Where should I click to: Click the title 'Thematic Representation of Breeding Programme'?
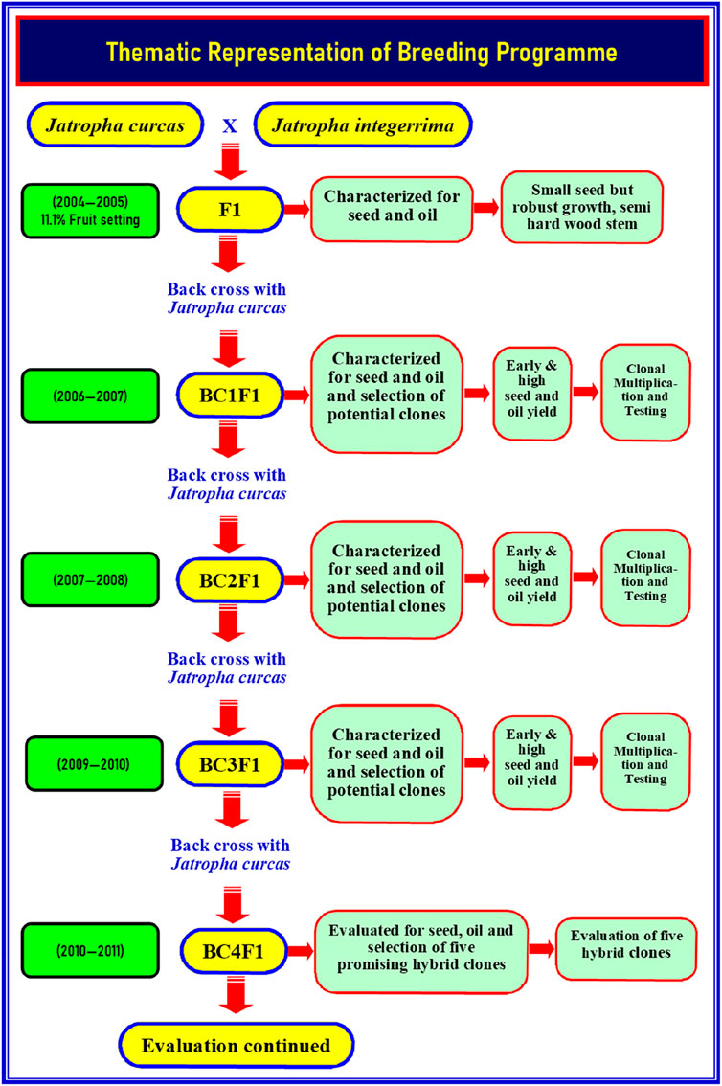(361, 52)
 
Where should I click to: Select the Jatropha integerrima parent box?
(363, 125)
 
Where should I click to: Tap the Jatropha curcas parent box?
(115, 125)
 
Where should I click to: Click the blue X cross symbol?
(229, 126)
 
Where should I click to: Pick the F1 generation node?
(230, 209)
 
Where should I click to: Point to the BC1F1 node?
(230, 396)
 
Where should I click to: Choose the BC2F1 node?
(230, 580)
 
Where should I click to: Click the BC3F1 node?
(230, 764)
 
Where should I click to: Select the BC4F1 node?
(234, 952)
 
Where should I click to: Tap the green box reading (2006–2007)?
(90, 396)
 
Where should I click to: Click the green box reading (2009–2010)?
(94, 764)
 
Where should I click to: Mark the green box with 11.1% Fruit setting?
(90, 212)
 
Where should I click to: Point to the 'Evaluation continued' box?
(237, 1045)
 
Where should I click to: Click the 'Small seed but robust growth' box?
(581, 207)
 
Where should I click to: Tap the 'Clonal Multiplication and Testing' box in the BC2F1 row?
(645, 577)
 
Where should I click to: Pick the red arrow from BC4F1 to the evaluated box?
(301, 952)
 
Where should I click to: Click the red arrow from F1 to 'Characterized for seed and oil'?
(297, 209)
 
